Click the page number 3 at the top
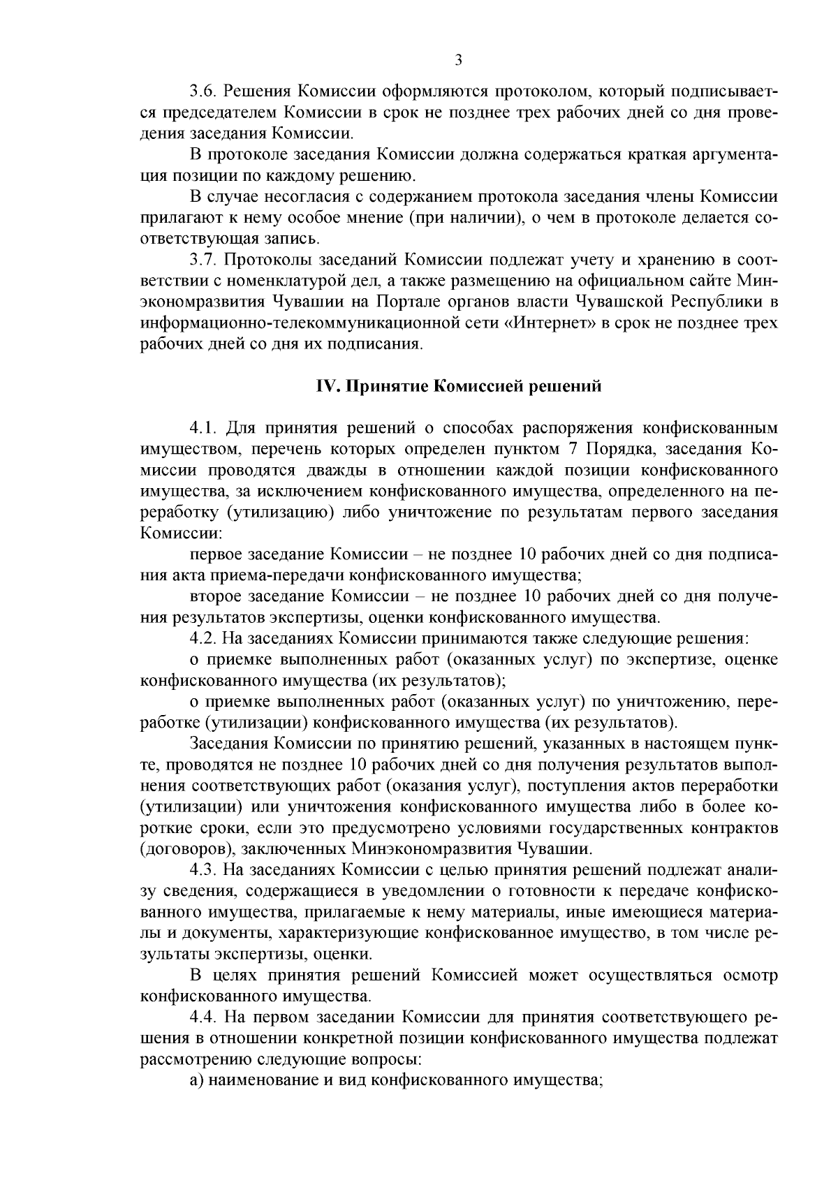pos(458,60)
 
